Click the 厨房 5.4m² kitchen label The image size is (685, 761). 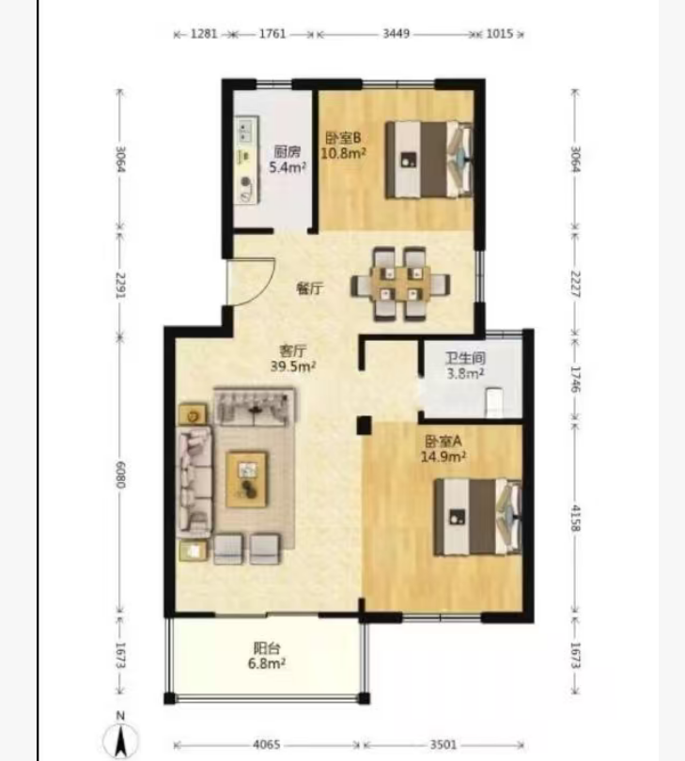click(288, 160)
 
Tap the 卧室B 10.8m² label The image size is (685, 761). click(343, 146)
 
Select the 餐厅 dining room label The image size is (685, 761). click(309, 288)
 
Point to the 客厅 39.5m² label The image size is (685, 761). click(293, 358)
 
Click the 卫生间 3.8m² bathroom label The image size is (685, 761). click(465, 366)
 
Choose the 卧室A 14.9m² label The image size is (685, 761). click(444, 449)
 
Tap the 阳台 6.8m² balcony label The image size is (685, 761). click(267, 656)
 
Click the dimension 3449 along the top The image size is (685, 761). click(397, 34)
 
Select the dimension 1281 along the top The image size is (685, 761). click(204, 34)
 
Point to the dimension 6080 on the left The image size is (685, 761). click(120, 474)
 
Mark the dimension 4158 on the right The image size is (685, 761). click(575, 518)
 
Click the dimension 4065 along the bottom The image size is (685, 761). click(267, 744)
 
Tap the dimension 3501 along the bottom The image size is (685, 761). click(444, 744)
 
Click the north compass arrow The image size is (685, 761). click(121, 738)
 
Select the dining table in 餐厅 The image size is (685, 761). click(400, 284)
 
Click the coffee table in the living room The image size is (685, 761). click(247, 479)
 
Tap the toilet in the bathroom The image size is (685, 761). click(494, 402)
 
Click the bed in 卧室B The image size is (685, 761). click(429, 160)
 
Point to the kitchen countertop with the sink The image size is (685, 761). click(246, 160)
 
